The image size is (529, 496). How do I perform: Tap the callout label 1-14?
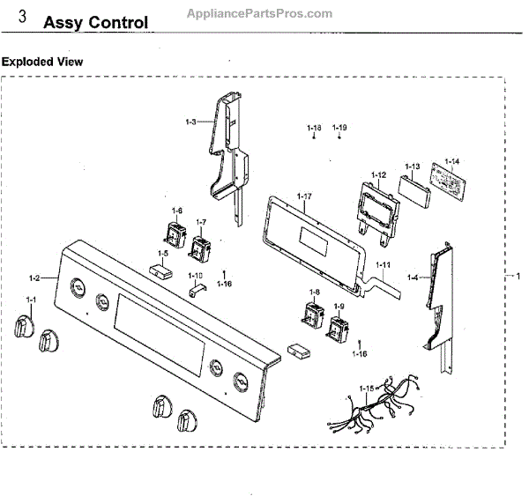coord(452,161)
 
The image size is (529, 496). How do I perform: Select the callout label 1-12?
coord(379,174)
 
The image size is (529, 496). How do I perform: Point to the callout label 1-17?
coord(304,196)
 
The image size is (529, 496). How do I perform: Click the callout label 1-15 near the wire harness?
coord(367,389)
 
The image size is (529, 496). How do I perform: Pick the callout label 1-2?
coord(34,278)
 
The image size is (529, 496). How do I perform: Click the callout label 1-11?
coord(384,265)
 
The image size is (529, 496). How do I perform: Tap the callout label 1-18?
coord(315,129)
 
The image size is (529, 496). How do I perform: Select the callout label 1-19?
coord(339,129)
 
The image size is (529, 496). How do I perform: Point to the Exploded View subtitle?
coord(42,62)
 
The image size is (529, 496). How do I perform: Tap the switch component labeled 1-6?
coord(169,233)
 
